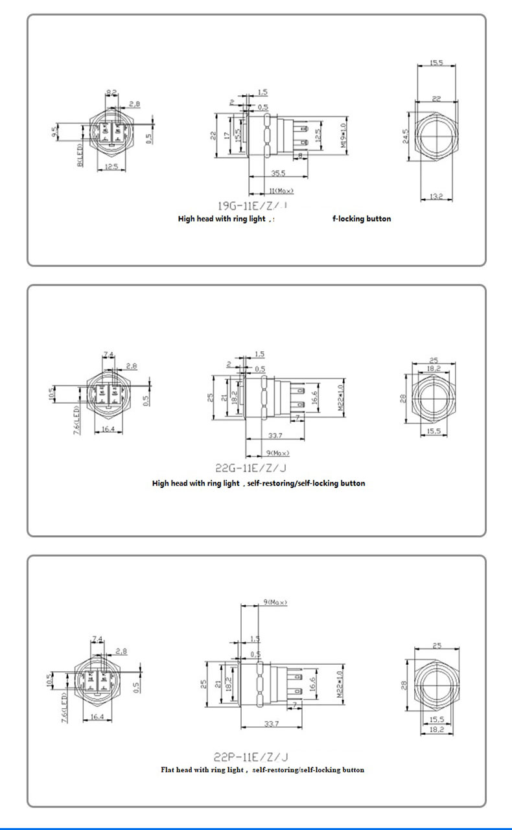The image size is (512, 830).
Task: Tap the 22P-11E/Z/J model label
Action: click(x=250, y=755)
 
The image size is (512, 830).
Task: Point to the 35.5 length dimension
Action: click(x=279, y=174)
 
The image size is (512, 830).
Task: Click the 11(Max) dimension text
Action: click(x=281, y=190)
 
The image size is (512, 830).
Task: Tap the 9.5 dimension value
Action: click(x=56, y=133)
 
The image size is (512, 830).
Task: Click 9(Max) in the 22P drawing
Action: click(x=275, y=603)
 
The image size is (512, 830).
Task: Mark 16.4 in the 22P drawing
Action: click(x=98, y=717)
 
